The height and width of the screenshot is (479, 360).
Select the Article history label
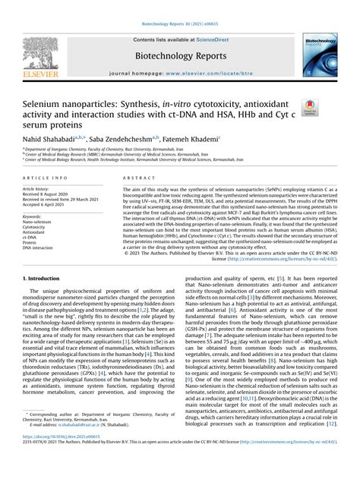37,188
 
